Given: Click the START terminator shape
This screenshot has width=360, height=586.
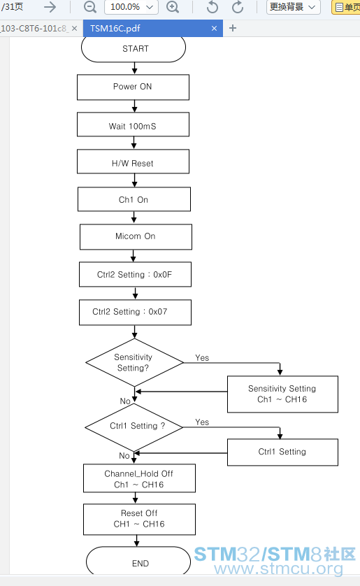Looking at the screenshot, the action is [x=134, y=48].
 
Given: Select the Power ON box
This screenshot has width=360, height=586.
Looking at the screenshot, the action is [x=133, y=87].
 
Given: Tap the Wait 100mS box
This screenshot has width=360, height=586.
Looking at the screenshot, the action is [x=133, y=124].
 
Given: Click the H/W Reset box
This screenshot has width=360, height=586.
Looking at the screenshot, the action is [x=133, y=162].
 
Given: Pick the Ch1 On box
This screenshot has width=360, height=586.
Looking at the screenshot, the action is [x=134, y=199].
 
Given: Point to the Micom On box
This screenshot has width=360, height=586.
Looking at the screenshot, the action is [x=136, y=237].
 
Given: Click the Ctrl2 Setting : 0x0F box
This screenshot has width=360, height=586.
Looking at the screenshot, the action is [x=135, y=274].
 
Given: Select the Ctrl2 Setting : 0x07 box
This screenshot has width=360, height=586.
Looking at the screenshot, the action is [x=135, y=312].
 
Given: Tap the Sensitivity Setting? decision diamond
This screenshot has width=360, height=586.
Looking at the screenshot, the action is [x=134, y=362].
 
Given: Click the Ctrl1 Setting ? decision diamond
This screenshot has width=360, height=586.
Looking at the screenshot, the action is [x=134, y=427].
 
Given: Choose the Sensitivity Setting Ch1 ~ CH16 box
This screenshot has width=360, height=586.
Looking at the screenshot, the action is [x=282, y=394].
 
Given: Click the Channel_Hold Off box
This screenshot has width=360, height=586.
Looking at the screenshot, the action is [x=139, y=478].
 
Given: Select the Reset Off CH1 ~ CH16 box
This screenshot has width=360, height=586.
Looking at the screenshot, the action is [x=139, y=520].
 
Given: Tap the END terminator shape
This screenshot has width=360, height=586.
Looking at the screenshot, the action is [x=138, y=561].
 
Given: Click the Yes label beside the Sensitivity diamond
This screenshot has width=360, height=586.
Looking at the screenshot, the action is [x=202, y=357].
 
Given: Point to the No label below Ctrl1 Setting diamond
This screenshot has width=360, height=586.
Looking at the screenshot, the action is [x=124, y=455].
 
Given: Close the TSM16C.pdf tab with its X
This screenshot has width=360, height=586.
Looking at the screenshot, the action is [x=214, y=29].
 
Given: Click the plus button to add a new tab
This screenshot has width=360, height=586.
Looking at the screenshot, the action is [x=233, y=28].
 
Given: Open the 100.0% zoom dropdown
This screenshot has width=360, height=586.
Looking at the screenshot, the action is [x=131, y=7].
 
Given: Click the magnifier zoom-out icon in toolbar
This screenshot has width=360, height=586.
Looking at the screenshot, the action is [x=90, y=7].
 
